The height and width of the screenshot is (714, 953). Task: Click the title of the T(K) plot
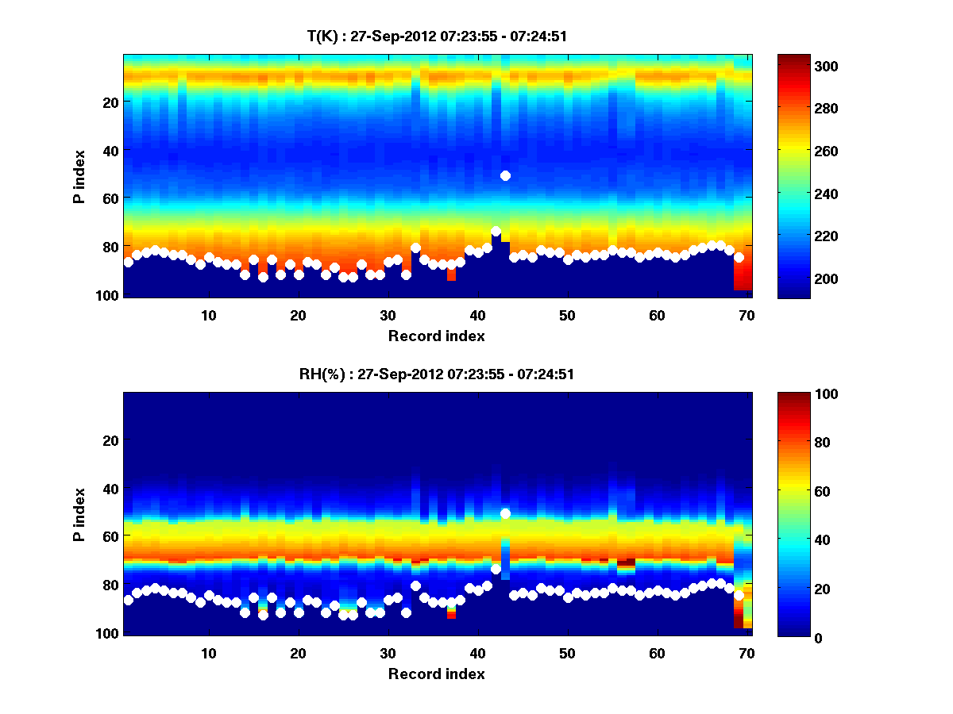[x=436, y=36]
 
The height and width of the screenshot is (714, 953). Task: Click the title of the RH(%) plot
[x=436, y=374]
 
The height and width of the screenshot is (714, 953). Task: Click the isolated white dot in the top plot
[x=505, y=175]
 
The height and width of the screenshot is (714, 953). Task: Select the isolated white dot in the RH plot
[x=505, y=513]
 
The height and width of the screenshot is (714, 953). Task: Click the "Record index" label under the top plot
[x=436, y=336]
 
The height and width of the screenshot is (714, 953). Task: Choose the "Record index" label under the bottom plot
[x=436, y=674]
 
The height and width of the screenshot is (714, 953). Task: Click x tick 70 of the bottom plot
[x=747, y=653]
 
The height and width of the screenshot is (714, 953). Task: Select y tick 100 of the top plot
[x=110, y=295]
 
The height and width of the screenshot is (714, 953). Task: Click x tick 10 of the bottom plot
[x=209, y=653]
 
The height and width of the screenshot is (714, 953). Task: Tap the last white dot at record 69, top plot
[x=739, y=257]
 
